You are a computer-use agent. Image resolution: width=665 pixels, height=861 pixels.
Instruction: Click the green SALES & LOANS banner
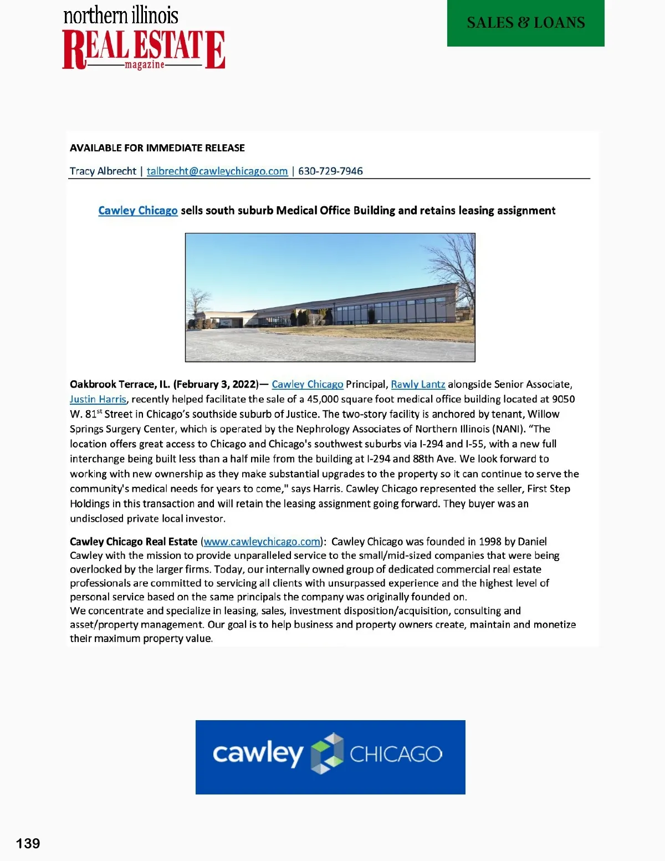click(525, 23)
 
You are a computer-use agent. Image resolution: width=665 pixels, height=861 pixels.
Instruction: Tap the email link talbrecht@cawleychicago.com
click(217, 171)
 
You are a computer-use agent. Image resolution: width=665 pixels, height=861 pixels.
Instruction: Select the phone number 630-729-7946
click(330, 171)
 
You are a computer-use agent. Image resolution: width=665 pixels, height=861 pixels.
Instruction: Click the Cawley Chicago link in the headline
click(138, 211)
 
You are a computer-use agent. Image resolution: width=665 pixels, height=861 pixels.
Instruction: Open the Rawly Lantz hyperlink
click(418, 384)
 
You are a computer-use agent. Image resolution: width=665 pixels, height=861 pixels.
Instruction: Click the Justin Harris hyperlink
click(98, 399)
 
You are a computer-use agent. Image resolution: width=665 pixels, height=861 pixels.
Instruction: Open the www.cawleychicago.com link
click(262, 542)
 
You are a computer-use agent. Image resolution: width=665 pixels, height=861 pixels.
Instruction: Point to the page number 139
click(28, 843)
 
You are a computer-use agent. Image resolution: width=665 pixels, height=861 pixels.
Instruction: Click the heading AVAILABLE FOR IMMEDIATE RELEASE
click(157, 148)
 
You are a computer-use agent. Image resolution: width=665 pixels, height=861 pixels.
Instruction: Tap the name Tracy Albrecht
click(103, 171)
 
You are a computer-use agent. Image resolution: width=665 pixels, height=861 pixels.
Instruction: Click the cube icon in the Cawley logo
click(327, 753)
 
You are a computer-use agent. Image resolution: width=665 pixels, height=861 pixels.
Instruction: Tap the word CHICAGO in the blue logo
click(396, 754)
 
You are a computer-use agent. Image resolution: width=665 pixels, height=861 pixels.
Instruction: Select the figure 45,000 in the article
click(323, 399)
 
